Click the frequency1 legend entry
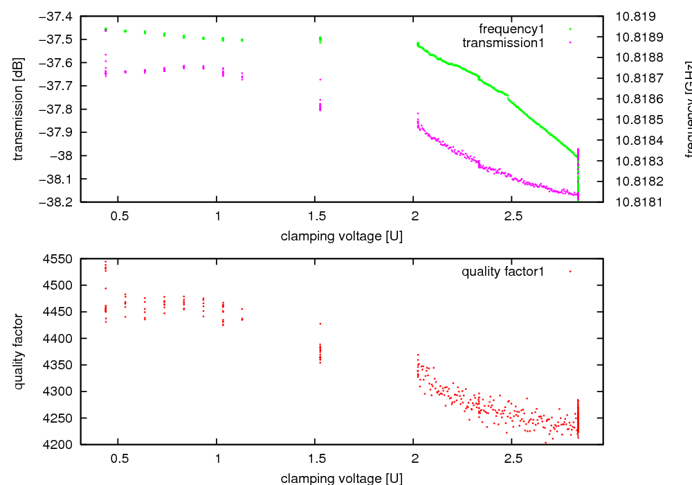click(511, 29)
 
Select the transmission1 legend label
click(503, 43)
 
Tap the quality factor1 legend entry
click(503, 272)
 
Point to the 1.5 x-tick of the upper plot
click(316, 216)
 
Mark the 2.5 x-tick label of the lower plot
click(513, 459)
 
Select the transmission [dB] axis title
click(19, 109)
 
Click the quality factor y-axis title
click(19, 352)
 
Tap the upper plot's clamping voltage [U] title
click(341, 236)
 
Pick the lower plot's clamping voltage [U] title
click(341, 478)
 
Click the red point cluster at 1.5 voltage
click(320, 353)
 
